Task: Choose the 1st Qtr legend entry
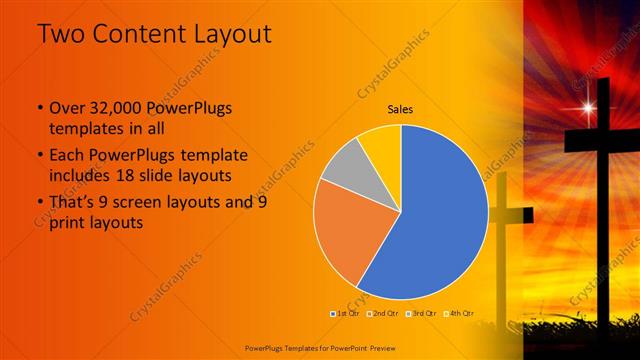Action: [346, 313]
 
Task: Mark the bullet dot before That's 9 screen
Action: [38, 203]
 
